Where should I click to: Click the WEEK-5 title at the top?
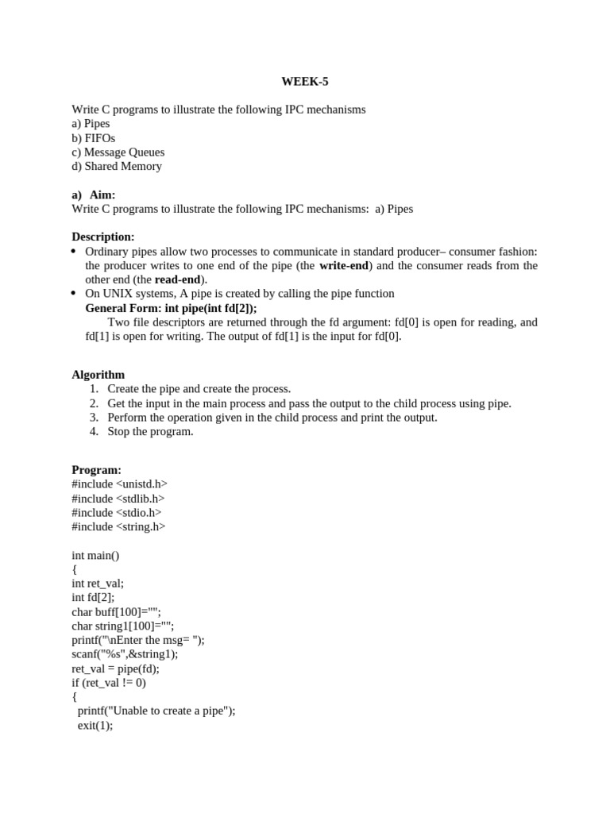304,81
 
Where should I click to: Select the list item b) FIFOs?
93,138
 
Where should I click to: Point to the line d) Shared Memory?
117,167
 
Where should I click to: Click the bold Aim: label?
102,195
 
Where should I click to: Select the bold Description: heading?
103,237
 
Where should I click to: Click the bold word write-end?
344,266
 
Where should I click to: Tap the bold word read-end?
178,279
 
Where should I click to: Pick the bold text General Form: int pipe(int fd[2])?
171,308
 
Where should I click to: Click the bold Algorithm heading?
98,375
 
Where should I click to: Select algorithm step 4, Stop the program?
150,432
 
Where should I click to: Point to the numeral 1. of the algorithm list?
94,389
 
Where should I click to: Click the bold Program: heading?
97,470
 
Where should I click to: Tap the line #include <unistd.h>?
119,484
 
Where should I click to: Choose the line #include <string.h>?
118,526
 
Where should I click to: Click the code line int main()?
95,555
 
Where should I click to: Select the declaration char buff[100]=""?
116,612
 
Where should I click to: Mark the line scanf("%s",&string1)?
125,654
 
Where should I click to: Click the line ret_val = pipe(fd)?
115,669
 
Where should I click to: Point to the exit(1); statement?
95,726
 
